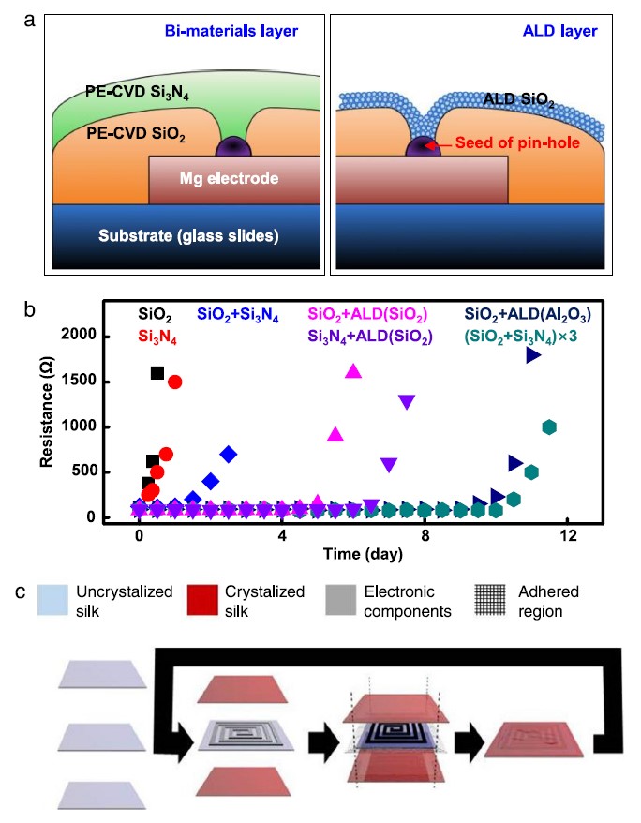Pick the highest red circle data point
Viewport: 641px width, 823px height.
click(174, 382)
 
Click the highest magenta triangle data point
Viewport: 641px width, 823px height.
click(353, 371)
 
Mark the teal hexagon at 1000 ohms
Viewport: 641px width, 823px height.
click(549, 426)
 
